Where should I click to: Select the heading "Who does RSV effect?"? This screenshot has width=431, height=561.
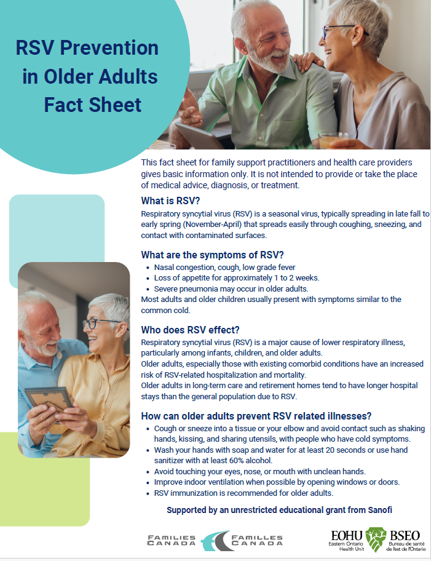click(x=189, y=328)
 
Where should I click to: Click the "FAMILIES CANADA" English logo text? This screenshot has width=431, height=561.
click(x=172, y=541)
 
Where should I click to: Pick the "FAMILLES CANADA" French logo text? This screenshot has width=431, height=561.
click(x=256, y=541)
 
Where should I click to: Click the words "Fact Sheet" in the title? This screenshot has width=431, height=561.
click(x=92, y=105)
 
